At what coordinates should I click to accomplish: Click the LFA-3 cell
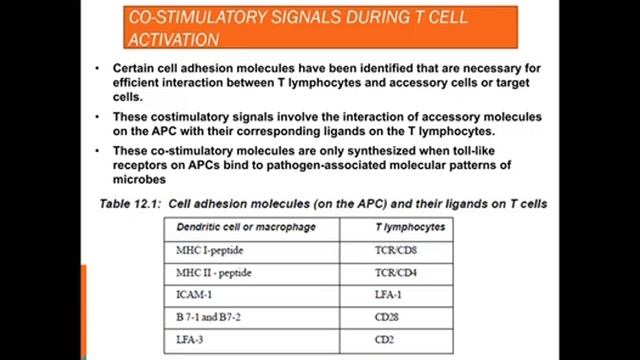[191, 341]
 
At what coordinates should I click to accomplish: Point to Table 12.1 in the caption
[131, 203]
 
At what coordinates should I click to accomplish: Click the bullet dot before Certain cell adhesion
[100, 68]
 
